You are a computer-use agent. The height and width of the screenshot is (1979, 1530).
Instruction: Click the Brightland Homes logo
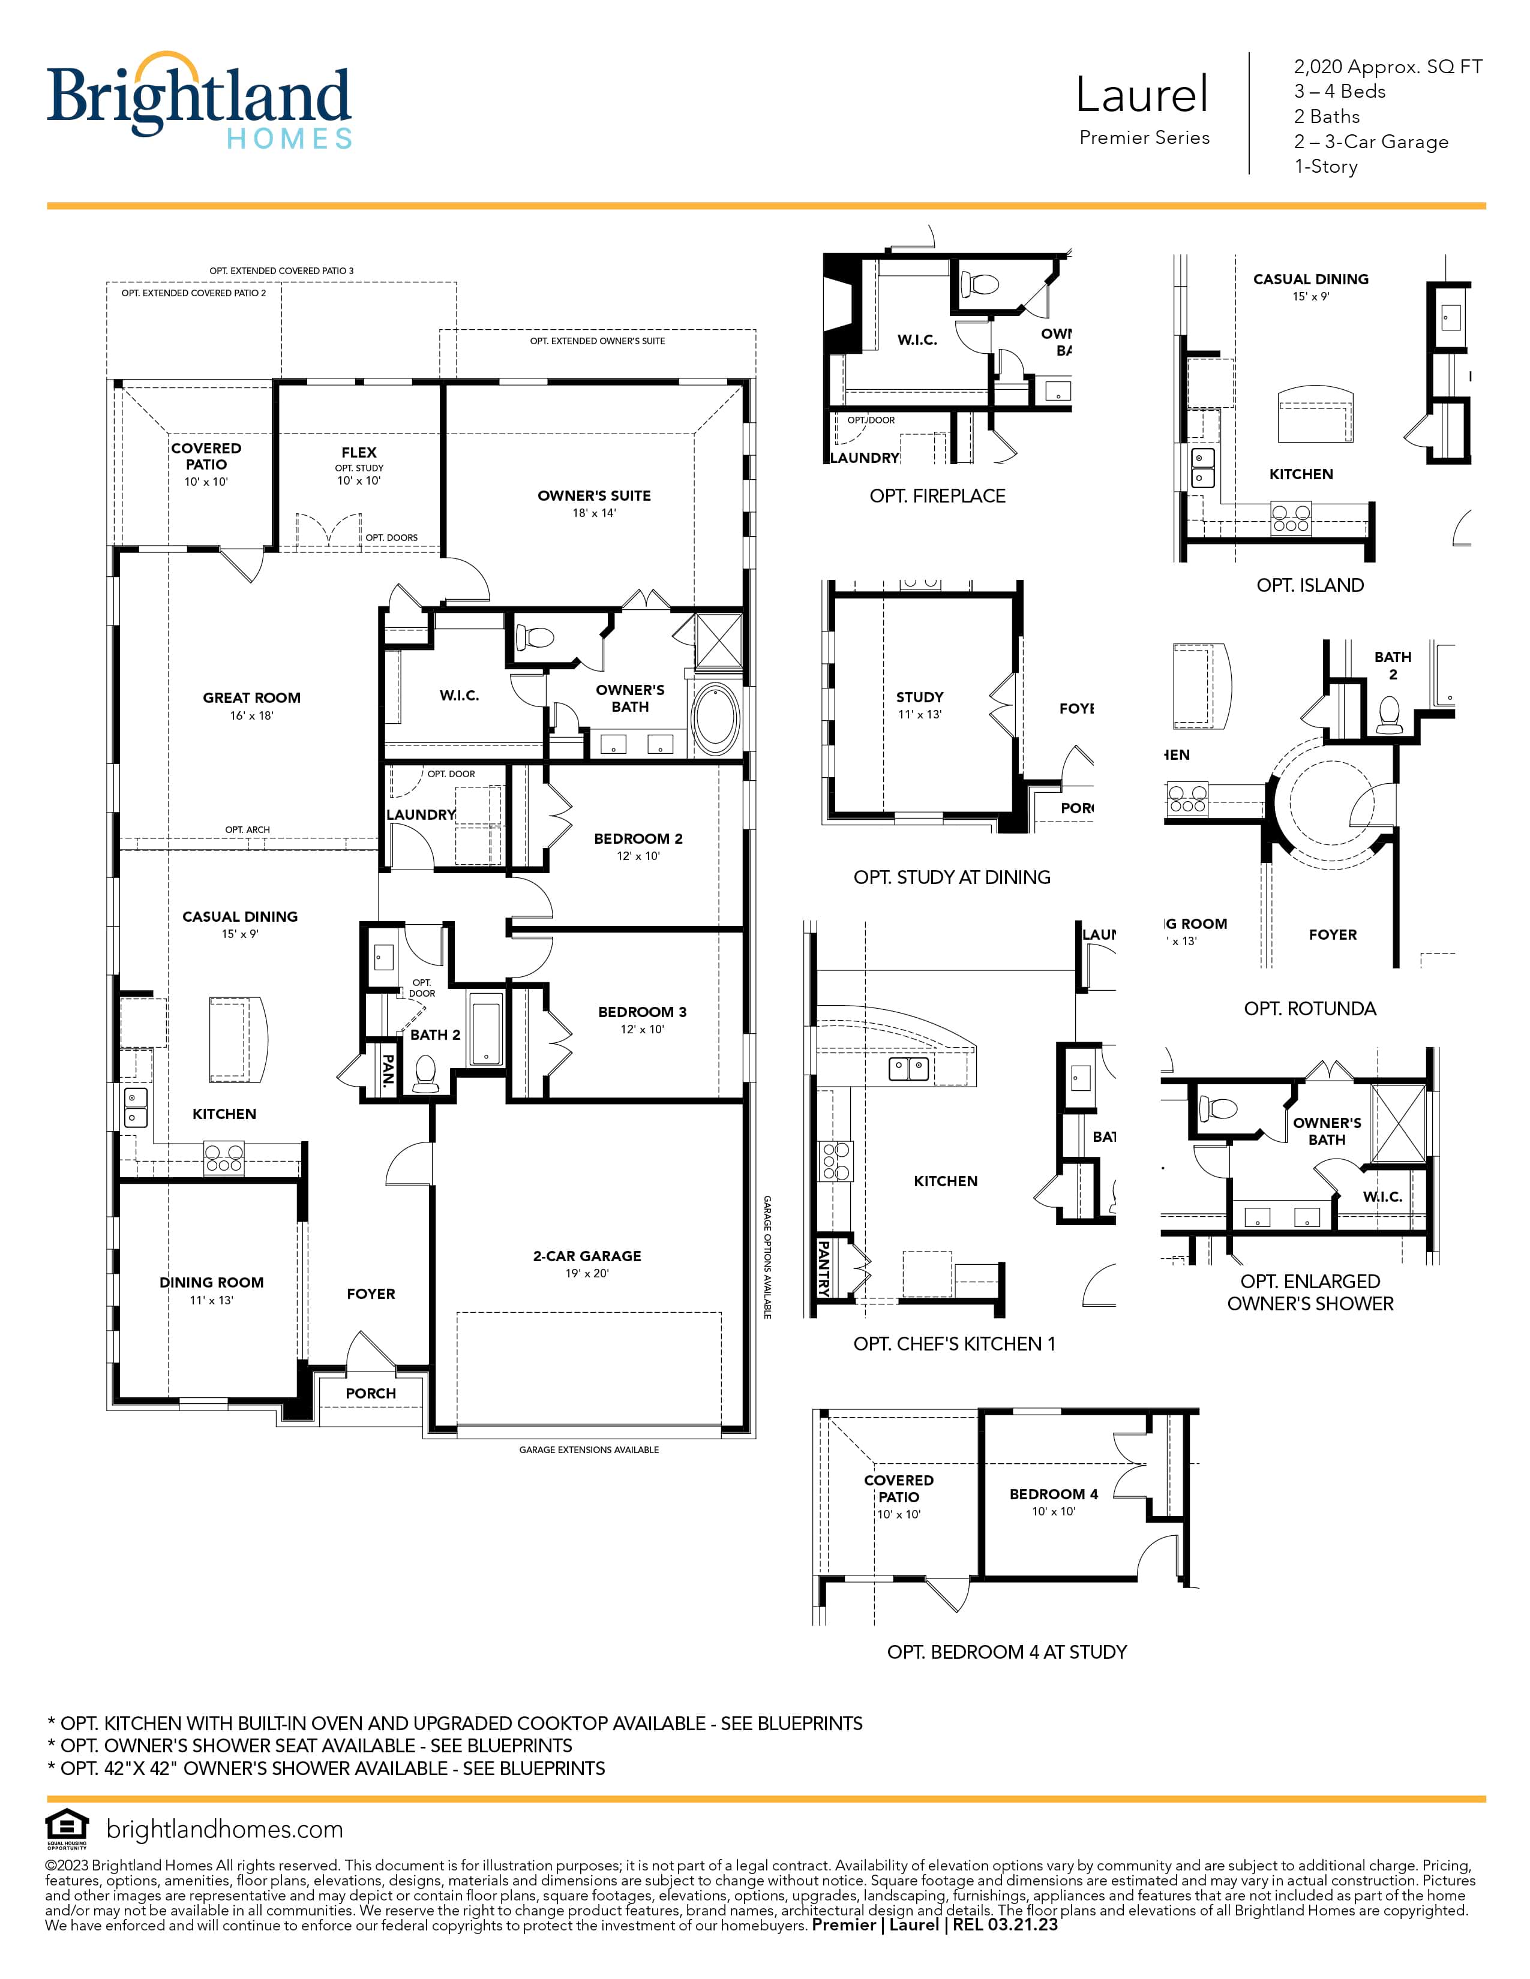coord(199,100)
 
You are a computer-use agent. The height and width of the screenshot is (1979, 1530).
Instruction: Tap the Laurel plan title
coord(1142,94)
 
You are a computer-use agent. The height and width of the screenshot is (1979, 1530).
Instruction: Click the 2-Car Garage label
coord(587,1256)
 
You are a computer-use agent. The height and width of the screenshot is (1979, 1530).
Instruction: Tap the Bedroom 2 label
coord(638,839)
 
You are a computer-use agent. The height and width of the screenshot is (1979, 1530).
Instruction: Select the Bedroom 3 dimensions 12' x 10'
coord(642,1029)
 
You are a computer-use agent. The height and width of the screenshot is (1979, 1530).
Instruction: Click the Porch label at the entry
coord(371,1394)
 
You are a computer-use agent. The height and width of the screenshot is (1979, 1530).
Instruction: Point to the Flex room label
coord(359,452)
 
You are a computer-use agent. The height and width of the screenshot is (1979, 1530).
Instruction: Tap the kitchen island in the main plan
coord(238,1039)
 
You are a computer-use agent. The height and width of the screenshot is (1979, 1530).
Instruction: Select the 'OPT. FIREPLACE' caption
coord(937,496)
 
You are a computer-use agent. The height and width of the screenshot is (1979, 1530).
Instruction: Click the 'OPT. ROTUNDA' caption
coord(1310,1009)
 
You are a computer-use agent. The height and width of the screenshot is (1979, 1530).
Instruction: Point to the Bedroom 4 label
coord(1053,1494)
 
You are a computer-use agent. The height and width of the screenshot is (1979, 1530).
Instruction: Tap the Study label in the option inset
coord(920,697)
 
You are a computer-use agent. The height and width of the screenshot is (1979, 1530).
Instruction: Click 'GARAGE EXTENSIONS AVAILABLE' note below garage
coord(589,1450)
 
